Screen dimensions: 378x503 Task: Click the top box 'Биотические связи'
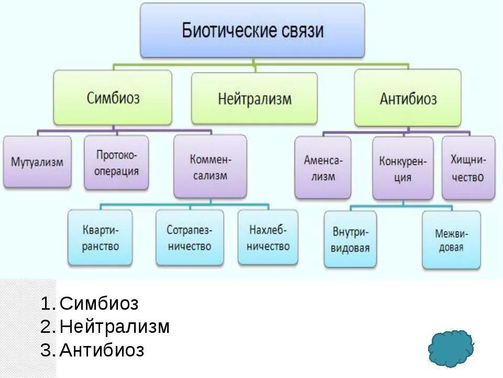252,30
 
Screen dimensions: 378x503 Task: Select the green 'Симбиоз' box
113,98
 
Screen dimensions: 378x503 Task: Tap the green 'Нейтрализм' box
254,98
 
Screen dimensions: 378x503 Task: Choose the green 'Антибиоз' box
408,98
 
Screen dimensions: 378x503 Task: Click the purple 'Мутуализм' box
37,162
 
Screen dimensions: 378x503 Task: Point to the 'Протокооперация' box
116,162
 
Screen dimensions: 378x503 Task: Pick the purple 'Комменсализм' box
210,166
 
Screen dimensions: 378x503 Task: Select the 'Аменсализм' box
323,167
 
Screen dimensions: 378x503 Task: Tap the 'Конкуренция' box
403,168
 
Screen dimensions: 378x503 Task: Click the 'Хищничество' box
468,167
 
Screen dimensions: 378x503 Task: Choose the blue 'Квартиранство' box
100,237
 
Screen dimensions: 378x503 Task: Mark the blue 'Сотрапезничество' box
189,237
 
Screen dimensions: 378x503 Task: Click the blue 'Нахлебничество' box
268,237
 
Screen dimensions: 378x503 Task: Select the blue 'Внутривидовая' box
349,239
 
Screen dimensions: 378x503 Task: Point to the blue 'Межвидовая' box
451,239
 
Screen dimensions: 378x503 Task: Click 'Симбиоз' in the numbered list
99,303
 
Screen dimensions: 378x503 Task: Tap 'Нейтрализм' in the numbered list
115,327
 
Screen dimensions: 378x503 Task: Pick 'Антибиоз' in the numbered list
102,350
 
